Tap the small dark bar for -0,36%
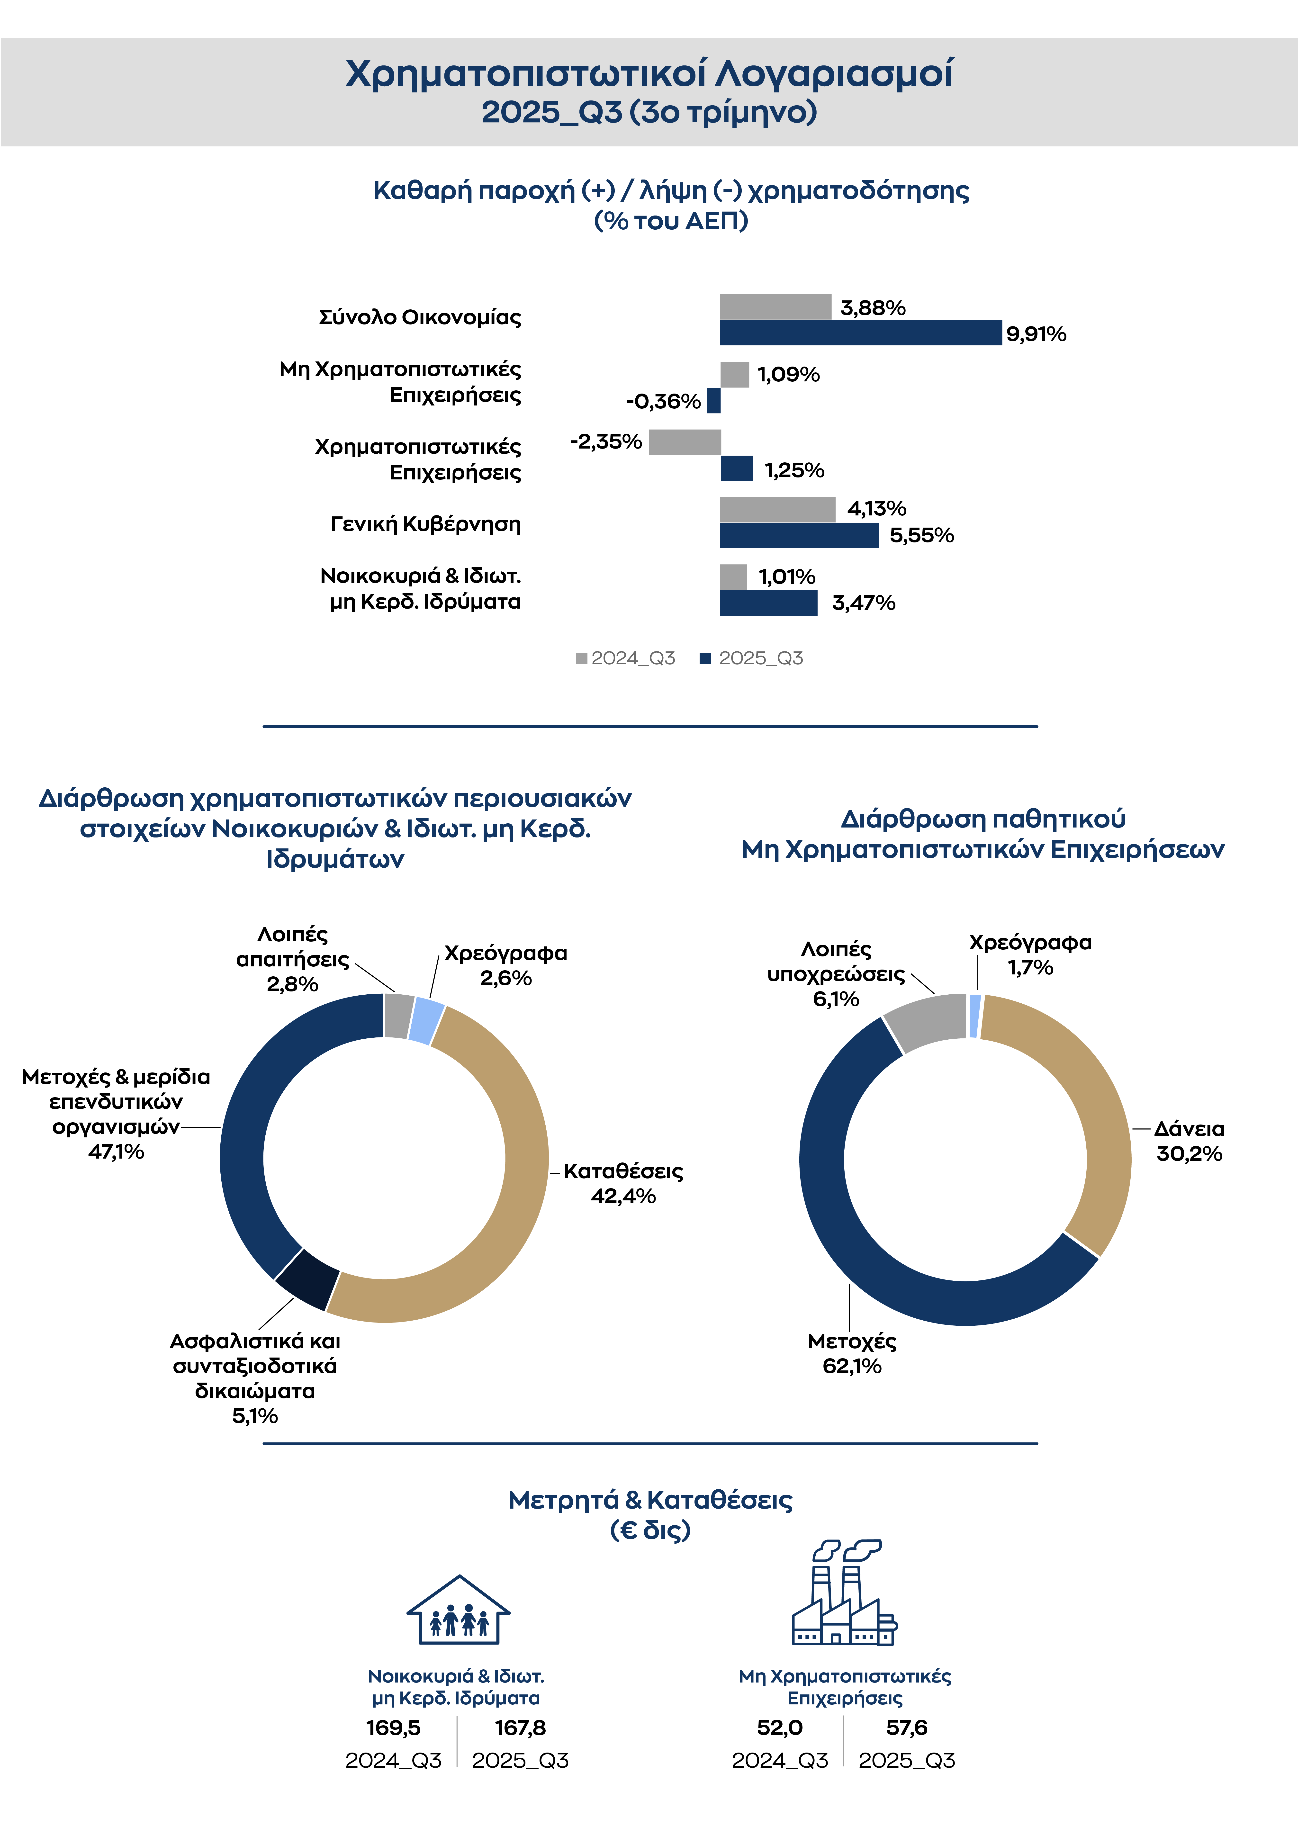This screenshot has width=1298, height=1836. pos(713,401)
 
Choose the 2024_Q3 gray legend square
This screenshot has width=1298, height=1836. pos(581,658)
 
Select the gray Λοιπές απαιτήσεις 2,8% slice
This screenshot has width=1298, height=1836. pos(398,1016)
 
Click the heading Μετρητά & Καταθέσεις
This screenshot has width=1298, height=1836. pos(650,1500)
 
